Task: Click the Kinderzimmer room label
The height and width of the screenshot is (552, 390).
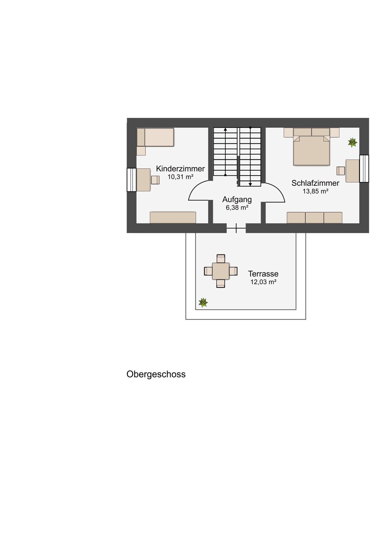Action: [180, 168]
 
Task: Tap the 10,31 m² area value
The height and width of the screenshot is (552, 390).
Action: [180, 177]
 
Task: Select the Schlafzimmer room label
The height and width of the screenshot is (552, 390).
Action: [315, 183]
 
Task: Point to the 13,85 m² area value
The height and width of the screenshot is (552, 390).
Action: [315, 191]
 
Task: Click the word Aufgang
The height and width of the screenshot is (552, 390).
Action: [237, 200]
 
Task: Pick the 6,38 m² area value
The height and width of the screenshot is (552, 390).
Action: [237, 208]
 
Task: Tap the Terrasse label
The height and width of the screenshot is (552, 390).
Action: [263, 274]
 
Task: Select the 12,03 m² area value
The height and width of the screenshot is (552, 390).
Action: [263, 282]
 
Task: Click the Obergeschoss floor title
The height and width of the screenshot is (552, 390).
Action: [156, 374]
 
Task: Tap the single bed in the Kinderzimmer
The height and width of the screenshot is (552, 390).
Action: [155, 137]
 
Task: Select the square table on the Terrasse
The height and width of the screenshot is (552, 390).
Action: [221, 271]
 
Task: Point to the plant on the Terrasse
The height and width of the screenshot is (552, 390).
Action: [203, 302]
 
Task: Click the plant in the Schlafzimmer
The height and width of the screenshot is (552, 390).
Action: [352, 142]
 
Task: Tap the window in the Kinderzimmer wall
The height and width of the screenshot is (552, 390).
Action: [132, 180]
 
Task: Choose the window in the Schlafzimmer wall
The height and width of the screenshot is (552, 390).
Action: [364, 168]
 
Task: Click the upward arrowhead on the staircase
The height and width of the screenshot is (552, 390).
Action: [225, 129]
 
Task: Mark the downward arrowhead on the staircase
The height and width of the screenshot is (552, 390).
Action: [250, 184]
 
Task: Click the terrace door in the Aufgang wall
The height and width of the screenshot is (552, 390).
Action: [236, 228]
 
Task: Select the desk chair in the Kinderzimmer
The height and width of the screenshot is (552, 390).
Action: [155, 180]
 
